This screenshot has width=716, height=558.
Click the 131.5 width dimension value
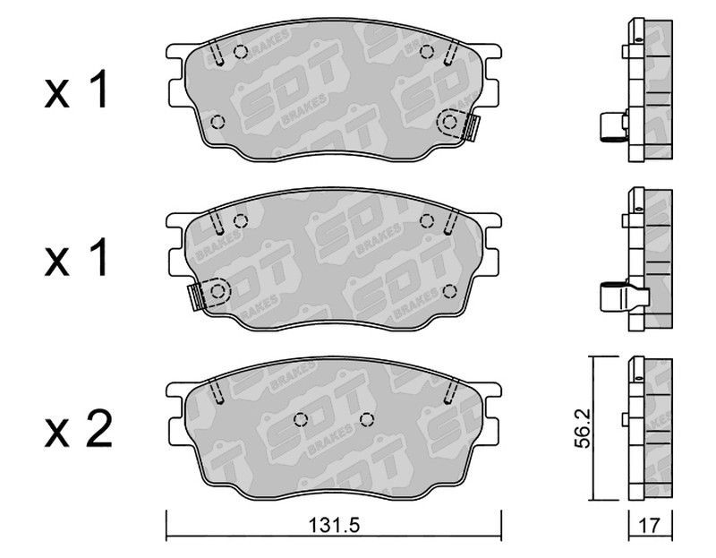(334, 525)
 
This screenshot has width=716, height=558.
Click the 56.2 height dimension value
(583, 428)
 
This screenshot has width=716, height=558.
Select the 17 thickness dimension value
(649, 526)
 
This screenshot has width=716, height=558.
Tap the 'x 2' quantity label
(78, 429)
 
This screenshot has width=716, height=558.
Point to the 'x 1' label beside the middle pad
(76, 257)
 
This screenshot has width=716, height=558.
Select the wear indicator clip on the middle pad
(197, 297)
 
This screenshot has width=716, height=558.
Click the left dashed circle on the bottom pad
(301, 419)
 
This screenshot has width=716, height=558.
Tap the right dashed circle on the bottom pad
(367, 419)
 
